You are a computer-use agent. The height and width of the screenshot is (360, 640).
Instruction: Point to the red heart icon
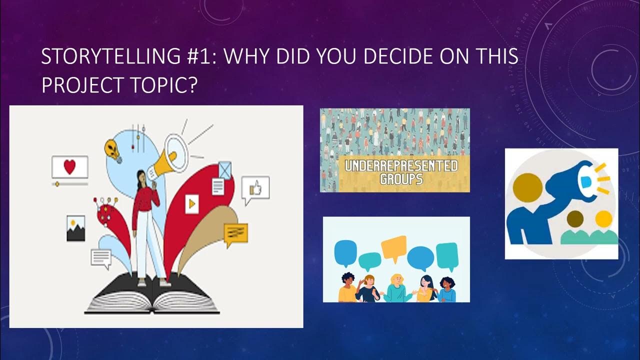pos(69,167)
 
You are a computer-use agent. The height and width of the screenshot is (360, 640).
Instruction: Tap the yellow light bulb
pos(113,150)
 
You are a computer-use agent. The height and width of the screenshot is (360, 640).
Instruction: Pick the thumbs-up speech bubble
pos(255,189)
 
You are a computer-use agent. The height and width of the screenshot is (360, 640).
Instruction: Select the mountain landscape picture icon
pos(75,228)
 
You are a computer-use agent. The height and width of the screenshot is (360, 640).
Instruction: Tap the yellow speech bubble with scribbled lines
pos(235,233)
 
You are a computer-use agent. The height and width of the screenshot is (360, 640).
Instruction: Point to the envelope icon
pos(225,170)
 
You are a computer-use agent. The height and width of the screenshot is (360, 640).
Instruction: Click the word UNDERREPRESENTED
pos(398,166)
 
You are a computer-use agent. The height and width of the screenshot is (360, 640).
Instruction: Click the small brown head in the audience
pos(575,218)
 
